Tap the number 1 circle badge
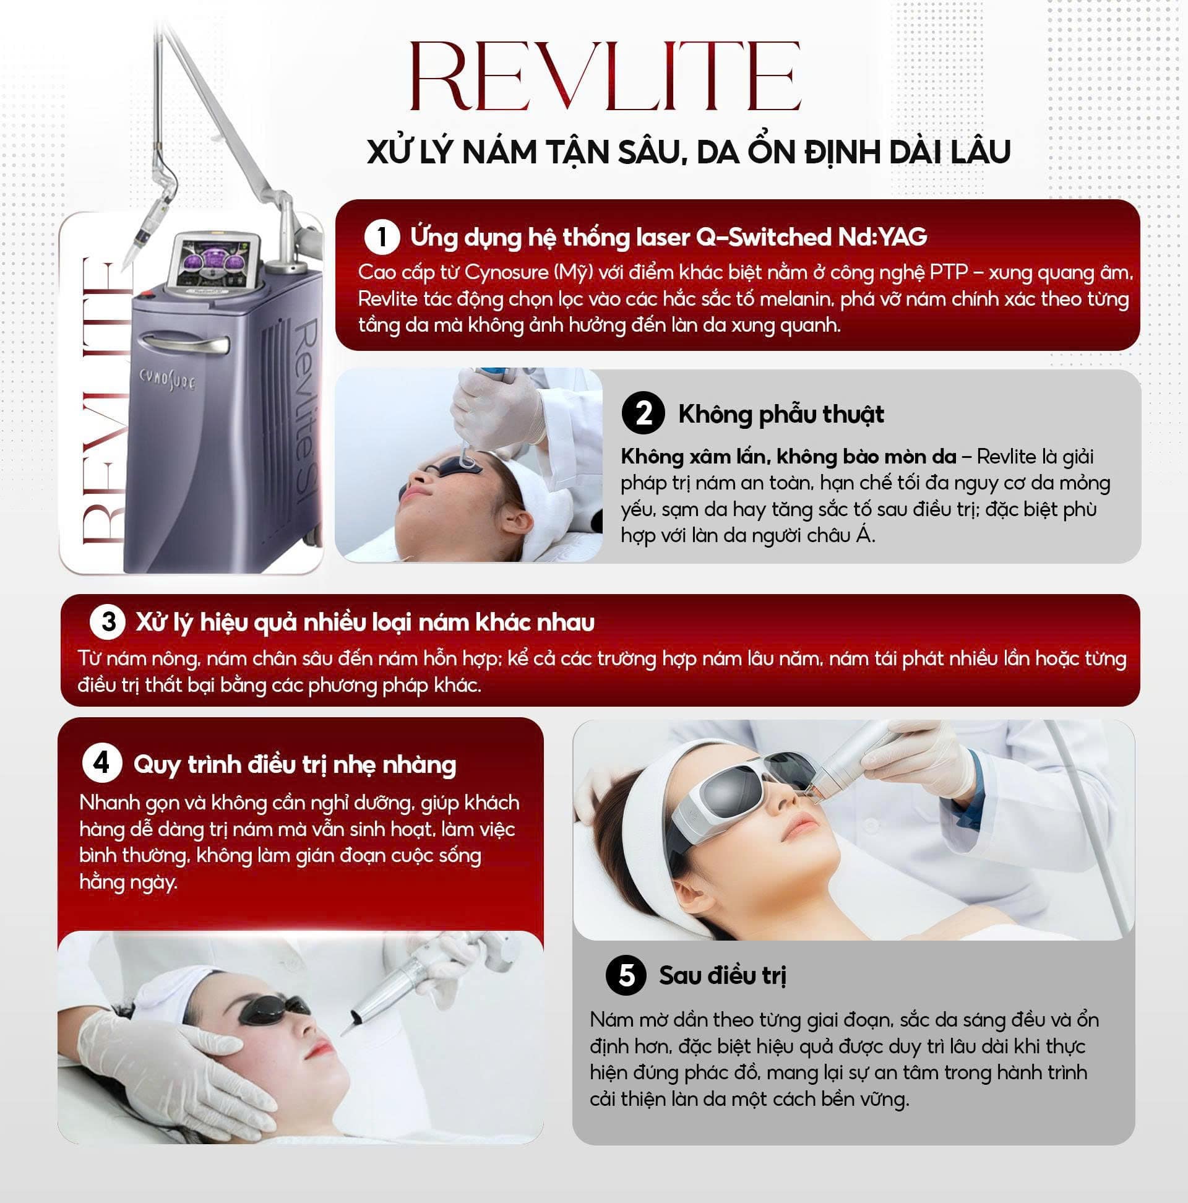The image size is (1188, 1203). (381, 237)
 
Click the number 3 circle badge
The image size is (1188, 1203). (109, 622)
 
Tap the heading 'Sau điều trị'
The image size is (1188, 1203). (722, 976)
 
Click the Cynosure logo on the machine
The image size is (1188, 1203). (166, 377)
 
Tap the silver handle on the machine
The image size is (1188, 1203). (184, 343)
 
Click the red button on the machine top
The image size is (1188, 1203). (145, 295)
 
